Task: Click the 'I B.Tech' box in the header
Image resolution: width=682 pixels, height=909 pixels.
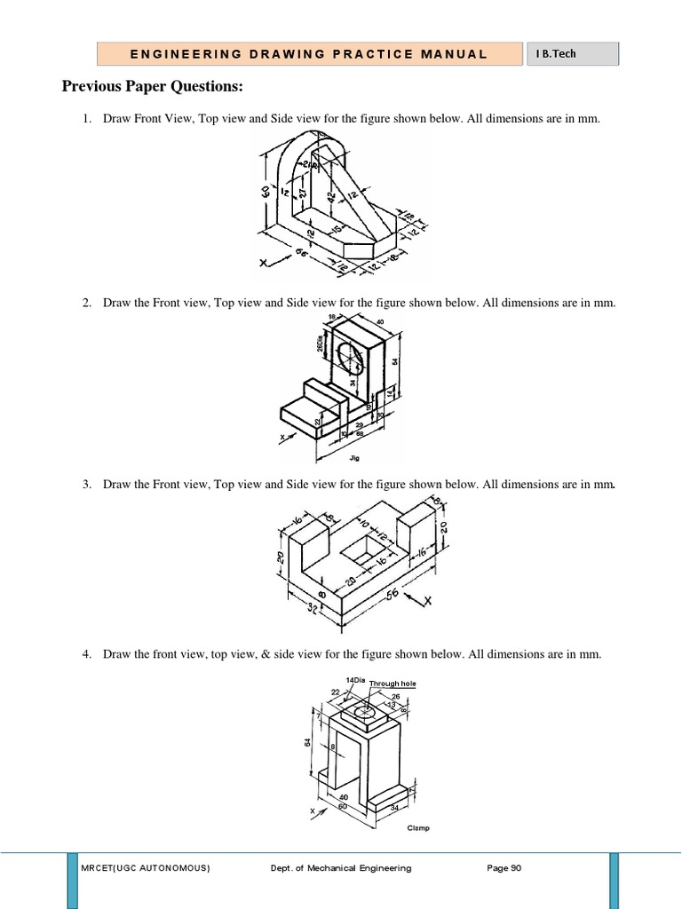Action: click(x=573, y=54)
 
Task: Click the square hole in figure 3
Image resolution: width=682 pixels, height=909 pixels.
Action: click(x=360, y=553)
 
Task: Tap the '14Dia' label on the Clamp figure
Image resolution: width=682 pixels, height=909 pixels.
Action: click(x=355, y=679)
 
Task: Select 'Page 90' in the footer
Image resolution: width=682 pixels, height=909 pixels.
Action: click(x=504, y=868)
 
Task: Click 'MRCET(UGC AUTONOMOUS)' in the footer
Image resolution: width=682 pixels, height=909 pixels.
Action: click(x=146, y=868)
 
